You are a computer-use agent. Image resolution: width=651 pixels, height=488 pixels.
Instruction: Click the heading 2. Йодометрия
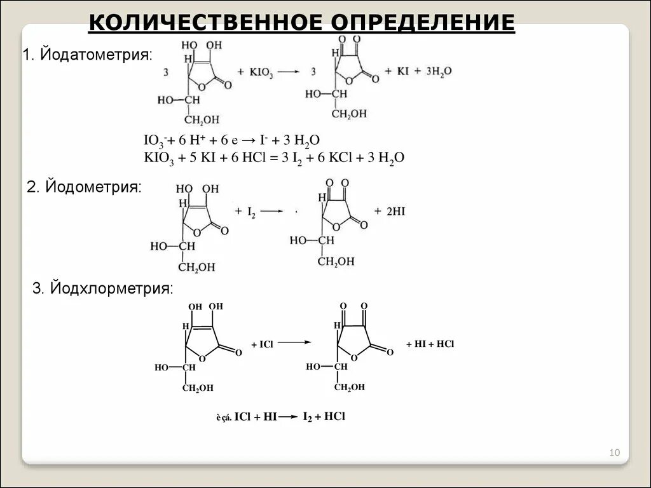click(84, 187)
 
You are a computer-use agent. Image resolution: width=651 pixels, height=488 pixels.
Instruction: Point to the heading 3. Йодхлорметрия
click(102, 288)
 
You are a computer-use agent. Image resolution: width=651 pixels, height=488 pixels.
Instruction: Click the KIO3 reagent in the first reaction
click(261, 72)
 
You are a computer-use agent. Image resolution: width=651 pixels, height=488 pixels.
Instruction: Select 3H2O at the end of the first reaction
click(438, 72)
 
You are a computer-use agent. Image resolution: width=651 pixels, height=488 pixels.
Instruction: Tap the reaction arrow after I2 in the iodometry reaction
click(271, 211)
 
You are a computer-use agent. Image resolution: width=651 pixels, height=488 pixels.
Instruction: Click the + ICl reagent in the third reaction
click(261, 344)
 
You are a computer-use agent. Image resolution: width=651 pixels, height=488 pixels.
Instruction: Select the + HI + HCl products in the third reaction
click(430, 344)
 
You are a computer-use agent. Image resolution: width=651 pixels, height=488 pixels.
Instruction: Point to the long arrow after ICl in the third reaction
click(294, 342)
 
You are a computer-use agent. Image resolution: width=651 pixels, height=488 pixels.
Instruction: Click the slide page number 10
click(614, 452)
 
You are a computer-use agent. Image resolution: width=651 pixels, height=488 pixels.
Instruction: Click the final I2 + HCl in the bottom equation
click(324, 417)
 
